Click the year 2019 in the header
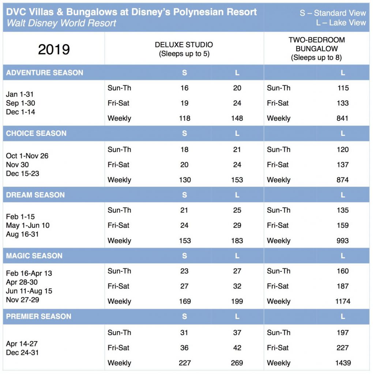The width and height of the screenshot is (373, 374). [54, 49]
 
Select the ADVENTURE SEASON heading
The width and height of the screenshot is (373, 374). [45, 73]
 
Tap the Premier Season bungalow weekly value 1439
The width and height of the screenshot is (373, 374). [343, 363]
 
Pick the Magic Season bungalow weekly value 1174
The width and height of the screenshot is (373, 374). [343, 301]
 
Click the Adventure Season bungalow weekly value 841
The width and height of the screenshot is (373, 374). [342, 118]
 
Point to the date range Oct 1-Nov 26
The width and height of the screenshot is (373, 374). [27, 156]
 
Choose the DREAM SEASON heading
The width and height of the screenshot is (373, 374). [35, 195]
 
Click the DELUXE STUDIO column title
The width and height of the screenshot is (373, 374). [184, 45]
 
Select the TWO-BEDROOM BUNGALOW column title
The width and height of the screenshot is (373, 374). [317, 44]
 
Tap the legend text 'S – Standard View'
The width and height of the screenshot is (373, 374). [333, 13]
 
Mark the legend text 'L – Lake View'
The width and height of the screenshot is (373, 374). [341, 23]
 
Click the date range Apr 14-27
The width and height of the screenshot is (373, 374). [22, 344]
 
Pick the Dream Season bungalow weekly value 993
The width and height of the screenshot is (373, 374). [342, 240]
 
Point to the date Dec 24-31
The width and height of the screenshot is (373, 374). [22, 352]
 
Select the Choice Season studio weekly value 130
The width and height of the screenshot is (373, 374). [185, 180]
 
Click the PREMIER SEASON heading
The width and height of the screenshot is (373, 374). [39, 316]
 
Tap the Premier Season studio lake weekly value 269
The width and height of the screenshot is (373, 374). [237, 363]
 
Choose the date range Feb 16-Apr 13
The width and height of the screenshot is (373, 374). [29, 273]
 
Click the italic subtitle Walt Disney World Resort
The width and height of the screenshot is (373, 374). [61, 23]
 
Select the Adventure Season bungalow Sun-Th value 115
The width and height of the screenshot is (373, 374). [343, 88]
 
